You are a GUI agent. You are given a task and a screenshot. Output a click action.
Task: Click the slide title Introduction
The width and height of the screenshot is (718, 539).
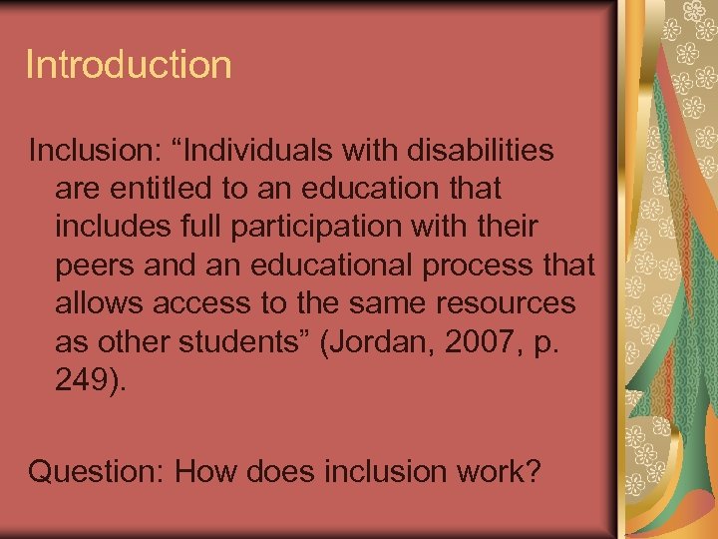pyautogui.click(x=129, y=66)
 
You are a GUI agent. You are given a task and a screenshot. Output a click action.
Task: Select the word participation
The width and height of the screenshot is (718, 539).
pyautogui.click(x=339, y=228)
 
